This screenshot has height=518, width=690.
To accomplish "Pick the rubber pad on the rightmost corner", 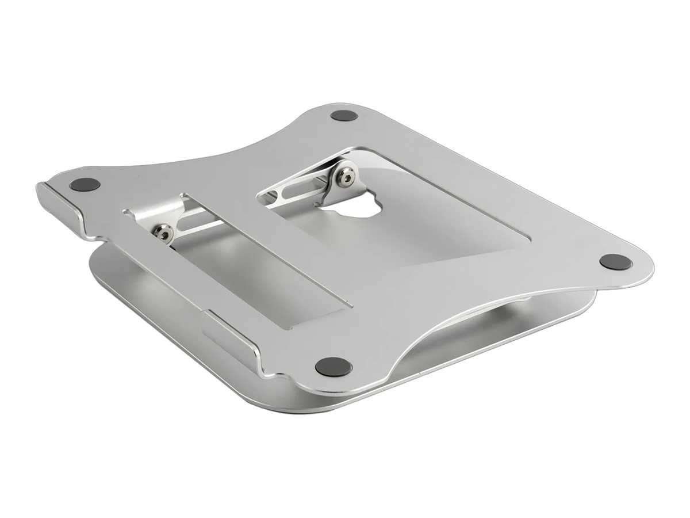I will point(615,262).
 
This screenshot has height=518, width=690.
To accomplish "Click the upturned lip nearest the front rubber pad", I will point(241,340).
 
